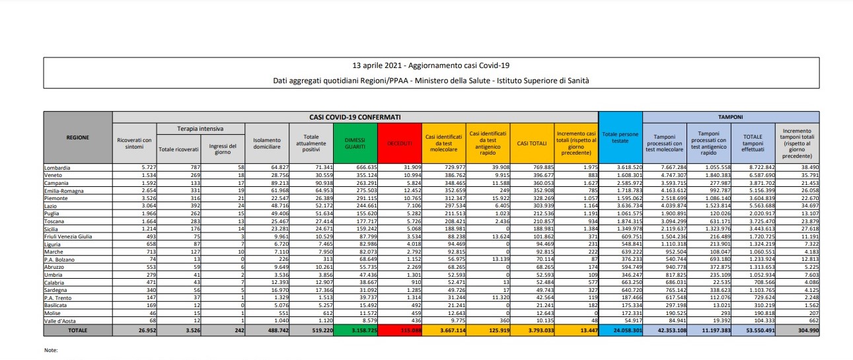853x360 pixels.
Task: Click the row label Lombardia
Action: click(x=57, y=168)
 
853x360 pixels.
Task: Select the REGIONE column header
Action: click(x=78, y=137)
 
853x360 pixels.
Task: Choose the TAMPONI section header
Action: click(x=731, y=116)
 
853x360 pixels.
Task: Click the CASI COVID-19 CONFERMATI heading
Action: click(x=355, y=116)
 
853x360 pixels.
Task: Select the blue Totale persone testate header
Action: click(x=620, y=137)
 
